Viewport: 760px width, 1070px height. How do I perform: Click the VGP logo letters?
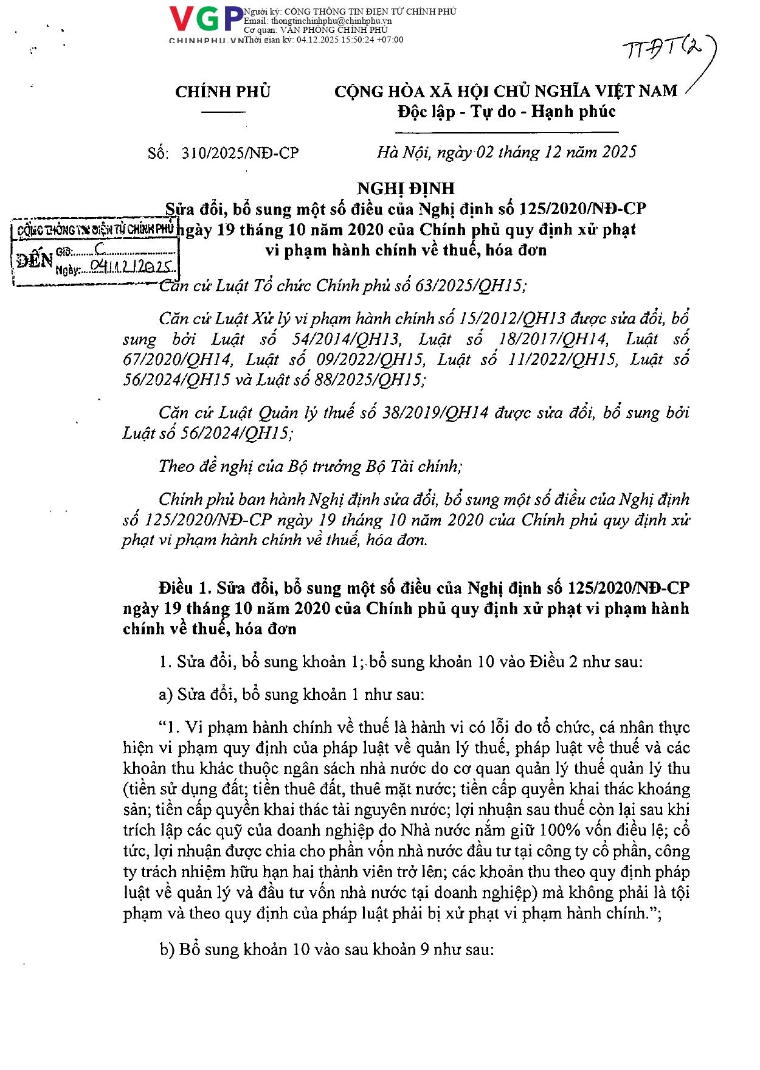tap(206, 20)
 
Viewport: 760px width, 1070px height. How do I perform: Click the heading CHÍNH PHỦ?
tap(223, 92)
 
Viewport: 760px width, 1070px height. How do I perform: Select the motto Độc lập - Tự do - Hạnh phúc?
tap(506, 111)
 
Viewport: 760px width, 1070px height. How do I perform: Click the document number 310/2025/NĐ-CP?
tap(240, 153)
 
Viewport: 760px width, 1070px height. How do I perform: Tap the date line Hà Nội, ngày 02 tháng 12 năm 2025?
tap(506, 151)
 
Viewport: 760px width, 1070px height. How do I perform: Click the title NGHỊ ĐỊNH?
tap(407, 189)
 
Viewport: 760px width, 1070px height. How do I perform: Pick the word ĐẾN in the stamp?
tap(35, 260)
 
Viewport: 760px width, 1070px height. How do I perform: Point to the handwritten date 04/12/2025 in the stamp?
tap(131, 266)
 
